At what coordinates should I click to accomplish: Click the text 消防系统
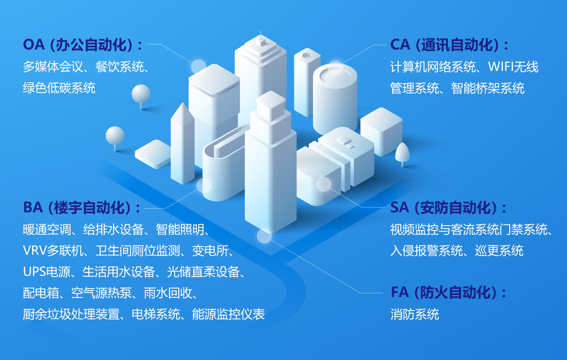(415, 314)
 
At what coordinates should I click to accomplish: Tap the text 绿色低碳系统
(59, 88)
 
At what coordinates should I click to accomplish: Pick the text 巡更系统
(499, 251)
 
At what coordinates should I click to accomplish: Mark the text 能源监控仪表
(228, 314)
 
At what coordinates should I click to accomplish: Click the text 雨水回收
(168, 293)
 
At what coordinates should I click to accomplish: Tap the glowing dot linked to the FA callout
(264, 236)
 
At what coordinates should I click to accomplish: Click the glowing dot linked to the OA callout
(198, 66)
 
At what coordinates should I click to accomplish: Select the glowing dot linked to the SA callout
(324, 184)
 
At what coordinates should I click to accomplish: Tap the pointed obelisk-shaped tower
(182, 144)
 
